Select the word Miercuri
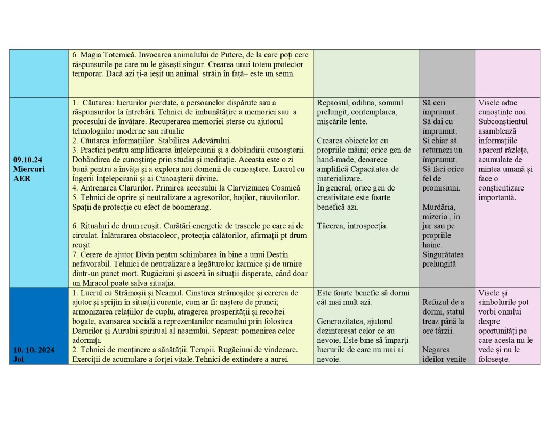pyautogui.click(x=29, y=168)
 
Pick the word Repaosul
pyautogui.click(x=333, y=103)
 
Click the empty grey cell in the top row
pyautogui.click(x=446, y=73)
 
